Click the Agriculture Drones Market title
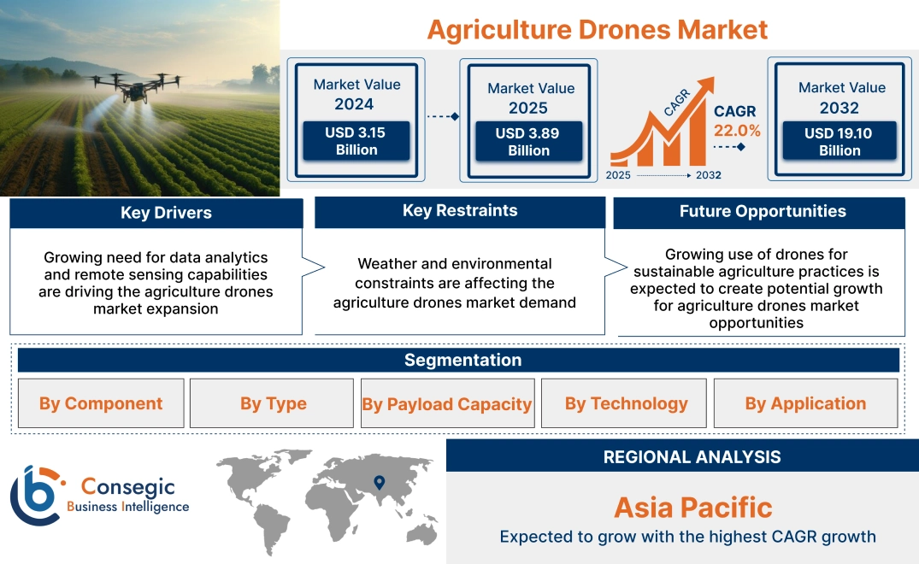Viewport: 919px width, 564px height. [597, 29]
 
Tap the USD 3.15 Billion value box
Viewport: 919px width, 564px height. [356, 141]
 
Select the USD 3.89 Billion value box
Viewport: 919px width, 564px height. [528, 142]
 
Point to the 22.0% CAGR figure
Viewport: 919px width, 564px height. [737, 131]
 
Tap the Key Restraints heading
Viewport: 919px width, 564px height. [460, 211]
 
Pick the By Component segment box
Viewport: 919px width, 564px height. [100, 403]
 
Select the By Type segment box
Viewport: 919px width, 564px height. [273, 403]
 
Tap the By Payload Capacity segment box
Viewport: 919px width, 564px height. [446, 404]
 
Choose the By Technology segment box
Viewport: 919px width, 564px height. [626, 403]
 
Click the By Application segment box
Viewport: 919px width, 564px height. [804, 403]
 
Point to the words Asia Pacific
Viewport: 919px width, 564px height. [692, 508]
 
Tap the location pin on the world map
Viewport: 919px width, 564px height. [379, 484]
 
